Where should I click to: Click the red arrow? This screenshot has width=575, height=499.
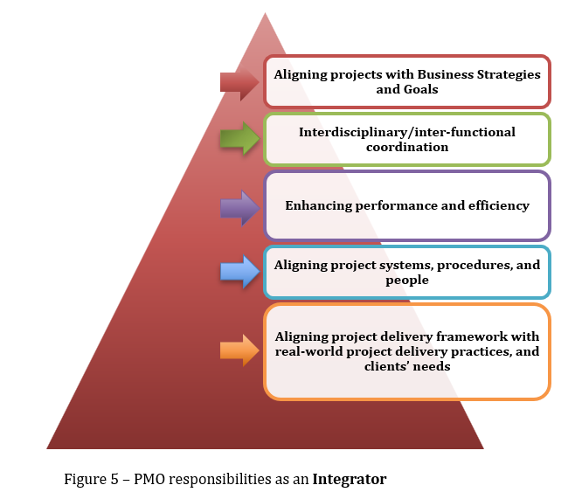point(239,82)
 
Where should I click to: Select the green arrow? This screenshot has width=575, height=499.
point(239,138)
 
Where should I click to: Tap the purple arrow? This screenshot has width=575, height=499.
point(239,207)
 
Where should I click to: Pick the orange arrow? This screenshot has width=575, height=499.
point(239,350)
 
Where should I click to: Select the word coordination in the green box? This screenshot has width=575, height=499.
point(406,147)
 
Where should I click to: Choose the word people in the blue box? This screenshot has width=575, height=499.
point(406,280)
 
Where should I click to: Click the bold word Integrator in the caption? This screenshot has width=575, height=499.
point(350,479)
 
